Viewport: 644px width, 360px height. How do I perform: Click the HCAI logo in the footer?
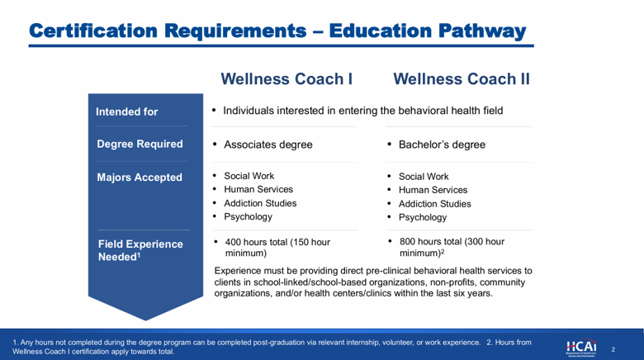coord(581,348)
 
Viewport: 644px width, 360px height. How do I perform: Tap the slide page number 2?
coord(613,350)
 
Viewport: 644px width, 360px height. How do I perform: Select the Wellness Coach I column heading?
coord(286,79)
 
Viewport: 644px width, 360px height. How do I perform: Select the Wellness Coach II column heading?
coord(462,79)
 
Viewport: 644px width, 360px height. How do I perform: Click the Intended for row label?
coord(127,111)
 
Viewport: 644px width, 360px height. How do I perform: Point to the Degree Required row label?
coord(140,144)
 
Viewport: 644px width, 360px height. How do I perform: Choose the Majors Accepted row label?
coord(140,178)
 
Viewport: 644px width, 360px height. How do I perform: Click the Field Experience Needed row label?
coord(140,250)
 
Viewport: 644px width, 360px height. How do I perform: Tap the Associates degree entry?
coord(268,144)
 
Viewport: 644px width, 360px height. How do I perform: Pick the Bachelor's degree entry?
coord(442,144)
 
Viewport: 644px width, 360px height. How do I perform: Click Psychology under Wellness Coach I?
coord(248,217)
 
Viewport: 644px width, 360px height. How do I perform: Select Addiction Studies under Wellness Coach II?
coord(435,204)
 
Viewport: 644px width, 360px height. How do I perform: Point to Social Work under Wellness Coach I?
coord(249,176)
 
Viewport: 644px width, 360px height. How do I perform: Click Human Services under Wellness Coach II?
coord(433,190)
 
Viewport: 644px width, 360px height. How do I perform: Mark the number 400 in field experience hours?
coord(233,242)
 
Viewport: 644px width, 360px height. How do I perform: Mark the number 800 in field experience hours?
coord(407,242)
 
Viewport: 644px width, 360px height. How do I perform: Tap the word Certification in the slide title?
coord(93,31)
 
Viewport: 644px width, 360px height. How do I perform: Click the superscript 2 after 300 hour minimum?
coord(443,251)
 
